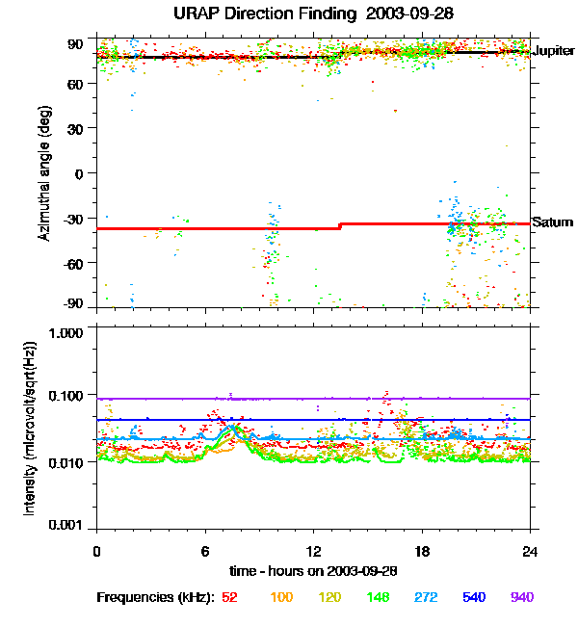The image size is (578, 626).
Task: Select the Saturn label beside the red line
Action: click(x=553, y=222)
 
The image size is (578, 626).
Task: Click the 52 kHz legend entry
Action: click(x=229, y=597)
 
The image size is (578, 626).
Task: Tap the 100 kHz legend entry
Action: click(x=281, y=597)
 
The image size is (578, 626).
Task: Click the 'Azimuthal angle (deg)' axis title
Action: click(x=44, y=173)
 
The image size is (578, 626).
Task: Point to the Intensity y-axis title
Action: click(x=30, y=428)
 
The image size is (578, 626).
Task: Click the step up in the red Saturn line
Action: click(x=339, y=226)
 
